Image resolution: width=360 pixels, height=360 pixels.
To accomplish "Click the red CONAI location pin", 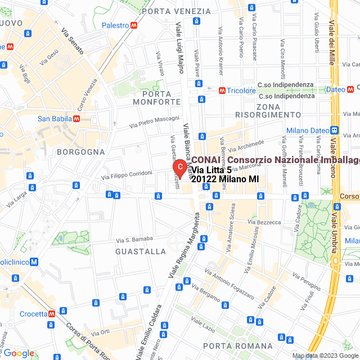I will point(179,168).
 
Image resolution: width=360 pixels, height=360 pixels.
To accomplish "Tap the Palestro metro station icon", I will point(134,25).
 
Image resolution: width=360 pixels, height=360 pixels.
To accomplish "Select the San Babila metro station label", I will point(54,119).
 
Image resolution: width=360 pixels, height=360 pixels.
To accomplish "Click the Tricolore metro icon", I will point(223,90).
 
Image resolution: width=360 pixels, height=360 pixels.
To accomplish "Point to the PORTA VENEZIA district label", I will point(172,11).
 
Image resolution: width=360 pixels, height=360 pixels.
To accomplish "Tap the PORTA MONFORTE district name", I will point(157,97).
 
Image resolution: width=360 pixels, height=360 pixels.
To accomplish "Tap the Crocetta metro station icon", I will point(52,314).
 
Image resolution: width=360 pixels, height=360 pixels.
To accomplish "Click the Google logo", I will point(19,353).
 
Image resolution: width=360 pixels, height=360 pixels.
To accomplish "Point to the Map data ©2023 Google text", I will point(325,355).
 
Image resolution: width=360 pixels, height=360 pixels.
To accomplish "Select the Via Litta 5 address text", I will point(211,170).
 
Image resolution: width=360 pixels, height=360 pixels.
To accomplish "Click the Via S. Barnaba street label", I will point(135,240).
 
